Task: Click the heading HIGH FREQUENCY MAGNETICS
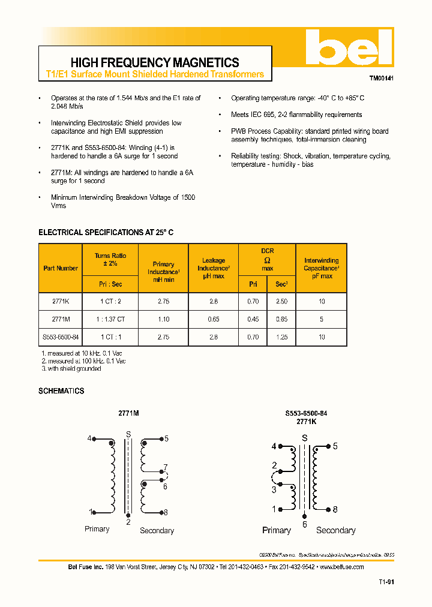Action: coord(155,62)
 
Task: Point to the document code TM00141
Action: coord(381,79)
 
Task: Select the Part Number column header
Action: coord(61,268)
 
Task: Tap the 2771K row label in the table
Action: coord(61,302)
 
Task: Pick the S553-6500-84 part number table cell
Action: coord(61,337)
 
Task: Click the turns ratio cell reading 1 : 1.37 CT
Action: coord(110,320)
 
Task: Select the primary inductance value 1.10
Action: coord(163,320)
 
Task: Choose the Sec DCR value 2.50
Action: coord(281,302)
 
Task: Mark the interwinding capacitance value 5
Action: coord(322,320)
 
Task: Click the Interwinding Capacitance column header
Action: coord(322,268)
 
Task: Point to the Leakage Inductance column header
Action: coord(214,268)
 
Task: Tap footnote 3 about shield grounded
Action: coord(71,369)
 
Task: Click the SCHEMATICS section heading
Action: coord(61,391)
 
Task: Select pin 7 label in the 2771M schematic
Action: coord(166,467)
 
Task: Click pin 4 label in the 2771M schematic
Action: coord(89,438)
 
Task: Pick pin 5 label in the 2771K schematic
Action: coord(335,446)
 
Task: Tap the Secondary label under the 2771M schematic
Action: coord(157,530)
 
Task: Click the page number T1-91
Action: coord(386,582)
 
